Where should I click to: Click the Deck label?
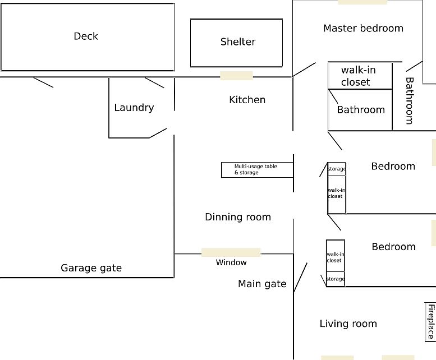86,36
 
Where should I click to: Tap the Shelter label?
238,41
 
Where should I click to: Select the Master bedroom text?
363,29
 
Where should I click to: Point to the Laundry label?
134,108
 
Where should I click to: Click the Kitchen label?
247,100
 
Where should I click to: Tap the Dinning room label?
238,217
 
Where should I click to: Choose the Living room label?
348,324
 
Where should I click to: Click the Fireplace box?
430,322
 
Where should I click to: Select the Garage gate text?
91,268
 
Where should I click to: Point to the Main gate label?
262,284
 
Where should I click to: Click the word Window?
231,262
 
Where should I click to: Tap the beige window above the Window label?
231,253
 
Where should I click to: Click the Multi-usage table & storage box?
257,170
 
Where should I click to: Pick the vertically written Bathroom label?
410,100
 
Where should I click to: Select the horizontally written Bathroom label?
361,110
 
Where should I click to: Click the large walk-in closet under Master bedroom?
360,76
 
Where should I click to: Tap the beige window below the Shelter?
236,76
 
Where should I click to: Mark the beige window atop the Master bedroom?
362,2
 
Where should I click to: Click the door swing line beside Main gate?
300,278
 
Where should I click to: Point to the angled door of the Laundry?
158,133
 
